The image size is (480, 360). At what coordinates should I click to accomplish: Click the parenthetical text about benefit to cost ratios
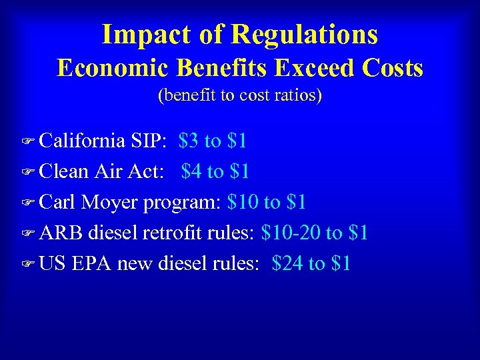pyautogui.click(x=240, y=95)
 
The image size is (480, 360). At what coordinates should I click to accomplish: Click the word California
pyautogui.click(x=82, y=141)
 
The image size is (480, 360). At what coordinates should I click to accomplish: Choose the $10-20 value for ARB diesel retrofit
pyautogui.click(x=290, y=233)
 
